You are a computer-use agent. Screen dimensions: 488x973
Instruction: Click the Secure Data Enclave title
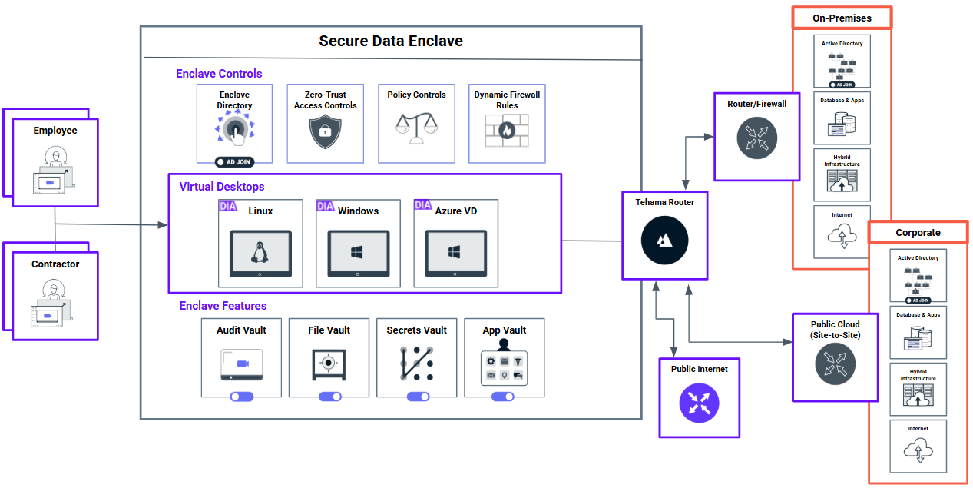[391, 41]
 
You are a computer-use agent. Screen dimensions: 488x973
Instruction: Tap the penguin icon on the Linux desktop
[260, 251]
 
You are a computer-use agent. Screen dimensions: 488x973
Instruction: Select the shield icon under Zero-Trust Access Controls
[325, 132]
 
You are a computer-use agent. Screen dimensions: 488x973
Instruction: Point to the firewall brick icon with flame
[506, 131]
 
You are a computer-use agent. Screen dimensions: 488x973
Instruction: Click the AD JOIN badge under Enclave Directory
[234, 162]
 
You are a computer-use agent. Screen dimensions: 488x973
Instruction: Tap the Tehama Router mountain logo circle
[665, 241]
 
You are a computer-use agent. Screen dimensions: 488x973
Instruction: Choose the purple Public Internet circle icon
[699, 403]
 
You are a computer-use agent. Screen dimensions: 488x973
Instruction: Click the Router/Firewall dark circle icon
[756, 139]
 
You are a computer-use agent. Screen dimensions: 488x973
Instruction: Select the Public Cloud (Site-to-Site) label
[835, 330]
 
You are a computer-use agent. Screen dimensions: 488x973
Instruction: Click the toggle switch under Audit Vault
[241, 397]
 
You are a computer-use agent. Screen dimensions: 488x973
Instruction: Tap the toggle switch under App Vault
[503, 397]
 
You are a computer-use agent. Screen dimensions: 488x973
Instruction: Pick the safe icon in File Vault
[329, 364]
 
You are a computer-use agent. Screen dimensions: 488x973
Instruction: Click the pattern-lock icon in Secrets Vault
[416, 364]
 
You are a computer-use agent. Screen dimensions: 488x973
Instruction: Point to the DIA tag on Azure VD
[423, 205]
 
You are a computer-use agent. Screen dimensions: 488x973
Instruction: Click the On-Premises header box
[842, 18]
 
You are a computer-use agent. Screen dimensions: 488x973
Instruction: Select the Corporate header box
[918, 232]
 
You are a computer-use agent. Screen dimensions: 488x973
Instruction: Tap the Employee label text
[55, 131]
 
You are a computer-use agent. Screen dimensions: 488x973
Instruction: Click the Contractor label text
[55, 264]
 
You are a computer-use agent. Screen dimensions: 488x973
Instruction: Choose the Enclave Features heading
[223, 306]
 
